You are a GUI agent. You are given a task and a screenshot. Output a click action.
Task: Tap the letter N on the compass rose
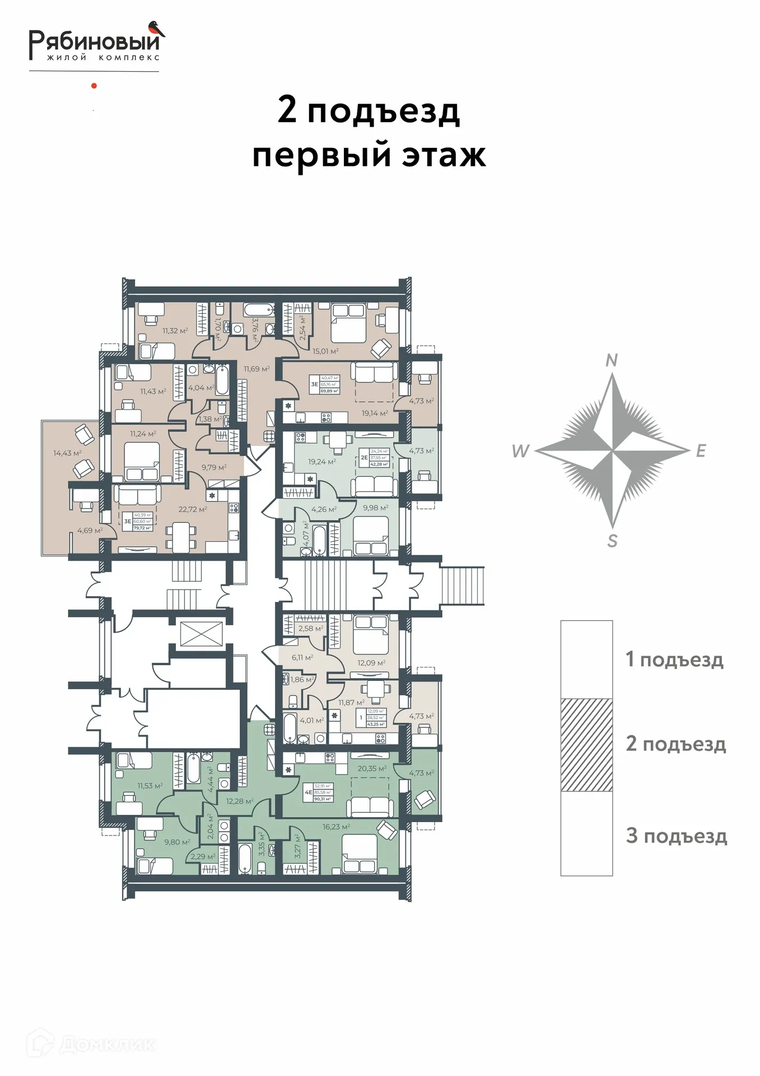pyautogui.click(x=612, y=360)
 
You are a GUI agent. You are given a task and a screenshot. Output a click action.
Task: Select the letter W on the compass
pyautogui.click(x=520, y=451)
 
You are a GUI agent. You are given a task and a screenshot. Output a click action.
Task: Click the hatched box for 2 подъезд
pyautogui.click(x=586, y=745)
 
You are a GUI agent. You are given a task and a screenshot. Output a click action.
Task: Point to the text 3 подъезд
pyautogui.click(x=677, y=836)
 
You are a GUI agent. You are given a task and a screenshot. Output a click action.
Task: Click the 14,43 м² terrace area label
pyautogui.click(x=67, y=453)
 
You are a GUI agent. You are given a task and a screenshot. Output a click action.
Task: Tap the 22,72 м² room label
pyautogui.click(x=193, y=509)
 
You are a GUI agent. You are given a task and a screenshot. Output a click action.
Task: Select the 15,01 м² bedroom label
pyautogui.click(x=325, y=351)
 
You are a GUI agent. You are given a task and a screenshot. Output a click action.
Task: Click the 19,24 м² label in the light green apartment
pyautogui.click(x=321, y=462)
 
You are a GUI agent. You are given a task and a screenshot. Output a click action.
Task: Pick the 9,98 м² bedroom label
pyautogui.click(x=375, y=508)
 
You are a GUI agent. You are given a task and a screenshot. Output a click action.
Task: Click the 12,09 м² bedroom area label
pyautogui.click(x=371, y=663)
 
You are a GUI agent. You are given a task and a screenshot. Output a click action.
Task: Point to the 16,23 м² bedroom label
pyautogui.click(x=336, y=827)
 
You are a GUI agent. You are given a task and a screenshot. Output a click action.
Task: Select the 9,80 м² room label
pyautogui.click(x=177, y=842)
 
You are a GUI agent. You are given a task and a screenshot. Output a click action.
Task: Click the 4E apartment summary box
pyautogui.click(x=319, y=792)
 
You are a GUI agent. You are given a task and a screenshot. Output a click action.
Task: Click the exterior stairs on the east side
pyautogui.click(x=463, y=586)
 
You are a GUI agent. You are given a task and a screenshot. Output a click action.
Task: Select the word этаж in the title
pyautogui.click(x=444, y=156)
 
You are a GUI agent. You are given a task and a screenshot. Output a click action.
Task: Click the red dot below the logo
pyautogui.click(x=94, y=86)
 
